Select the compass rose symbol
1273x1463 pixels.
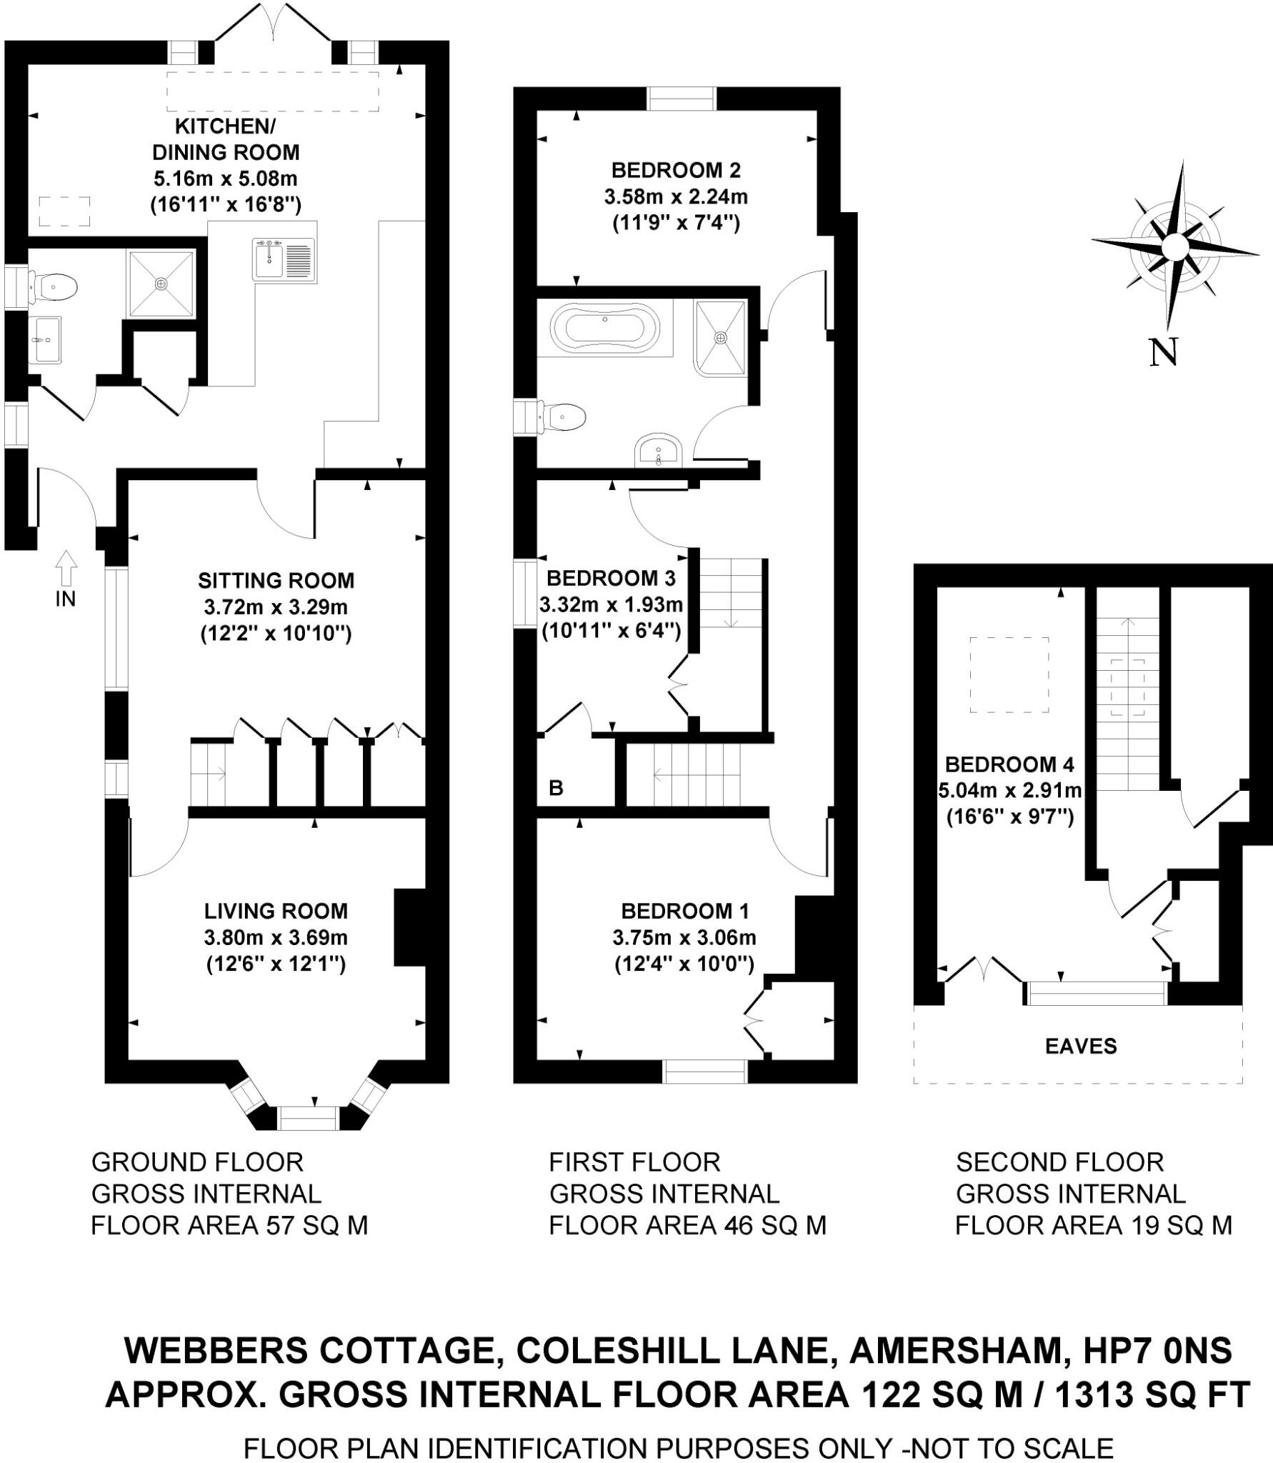[1174, 246]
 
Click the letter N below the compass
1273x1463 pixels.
[1163, 353]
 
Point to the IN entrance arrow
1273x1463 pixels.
[66, 569]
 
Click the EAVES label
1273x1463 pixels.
[1080, 1046]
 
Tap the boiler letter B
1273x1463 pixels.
[556, 788]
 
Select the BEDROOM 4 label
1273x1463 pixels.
[1009, 764]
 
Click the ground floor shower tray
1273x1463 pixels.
[161, 283]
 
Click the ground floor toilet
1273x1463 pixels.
[54, 286]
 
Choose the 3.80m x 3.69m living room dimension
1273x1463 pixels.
[276, 937]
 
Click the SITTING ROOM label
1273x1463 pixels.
[276, 580]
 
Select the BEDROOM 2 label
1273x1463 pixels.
[676, 170]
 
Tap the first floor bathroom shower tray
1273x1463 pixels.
[720, 336]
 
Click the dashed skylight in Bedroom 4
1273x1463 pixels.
[1009, 674]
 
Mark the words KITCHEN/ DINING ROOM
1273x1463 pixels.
[226, 139]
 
